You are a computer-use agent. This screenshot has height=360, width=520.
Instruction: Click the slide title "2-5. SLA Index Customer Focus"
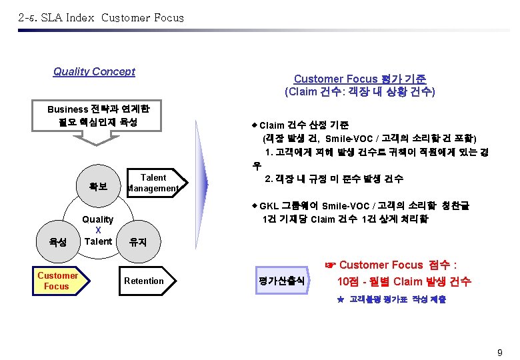(101, 18)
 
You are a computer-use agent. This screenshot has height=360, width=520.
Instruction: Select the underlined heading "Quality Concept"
(94, 72)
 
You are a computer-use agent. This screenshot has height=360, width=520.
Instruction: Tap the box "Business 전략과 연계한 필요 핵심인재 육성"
(99, 115)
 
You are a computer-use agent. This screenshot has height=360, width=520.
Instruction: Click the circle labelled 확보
(98, 186)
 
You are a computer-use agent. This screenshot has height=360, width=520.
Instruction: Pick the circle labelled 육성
(57, 242)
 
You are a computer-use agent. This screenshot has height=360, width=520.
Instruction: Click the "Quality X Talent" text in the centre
(98, 230)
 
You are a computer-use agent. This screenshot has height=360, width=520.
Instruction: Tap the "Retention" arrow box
(144, 281)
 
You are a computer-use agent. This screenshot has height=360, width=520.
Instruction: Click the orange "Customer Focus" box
(57, 281)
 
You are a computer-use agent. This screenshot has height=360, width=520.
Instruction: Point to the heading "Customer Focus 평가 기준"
(360, 79)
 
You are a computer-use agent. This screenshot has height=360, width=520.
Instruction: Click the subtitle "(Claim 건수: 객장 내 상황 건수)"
(360, 92)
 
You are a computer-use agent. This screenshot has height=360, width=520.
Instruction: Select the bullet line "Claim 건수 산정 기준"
(303, 125)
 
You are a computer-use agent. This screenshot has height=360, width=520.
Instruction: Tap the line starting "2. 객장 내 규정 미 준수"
(333, 179)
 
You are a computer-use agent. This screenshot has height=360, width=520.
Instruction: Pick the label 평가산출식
(281, 281)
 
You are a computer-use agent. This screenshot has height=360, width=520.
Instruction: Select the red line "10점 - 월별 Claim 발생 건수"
(404, 281)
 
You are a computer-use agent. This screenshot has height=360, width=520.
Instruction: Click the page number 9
(499, 351)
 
